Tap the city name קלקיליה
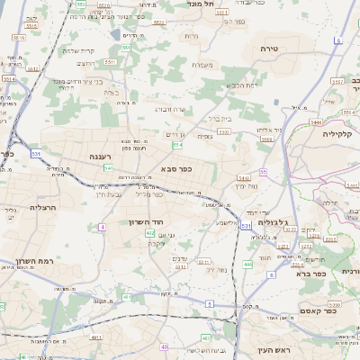pos(340,132)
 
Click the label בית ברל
pos(219,117)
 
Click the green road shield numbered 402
pos(149,232)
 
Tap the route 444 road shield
pos(247,265)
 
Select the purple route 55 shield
pos(263,171)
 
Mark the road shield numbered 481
pos(127,296)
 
